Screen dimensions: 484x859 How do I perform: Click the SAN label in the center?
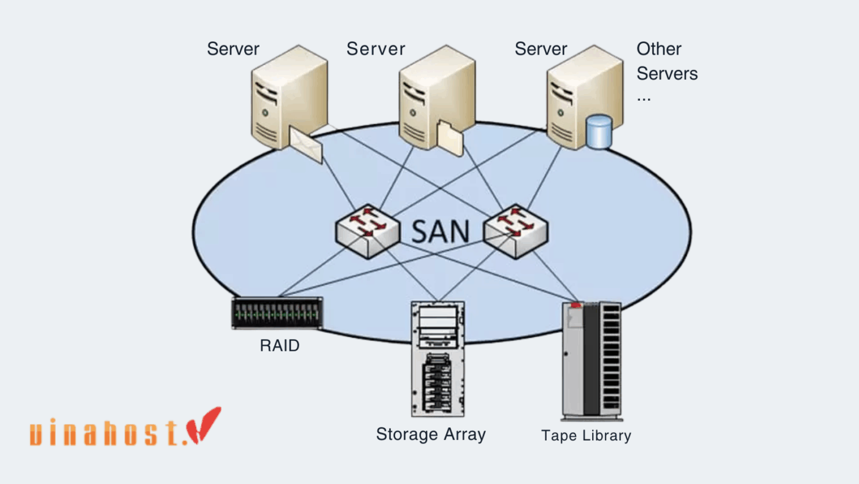[x=441, y=232]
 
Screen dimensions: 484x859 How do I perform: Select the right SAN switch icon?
[x=515, y=231]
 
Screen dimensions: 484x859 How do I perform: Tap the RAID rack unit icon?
[x=277, y=313]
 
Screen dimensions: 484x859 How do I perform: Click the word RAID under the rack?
[x=280, y=346]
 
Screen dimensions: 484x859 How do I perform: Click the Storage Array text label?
[x=431, y=435]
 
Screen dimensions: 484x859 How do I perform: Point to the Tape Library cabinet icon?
[x=591, y=361]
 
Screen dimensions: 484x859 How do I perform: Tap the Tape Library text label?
[x=586, y=436]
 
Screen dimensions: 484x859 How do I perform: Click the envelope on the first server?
[x=306, y=142]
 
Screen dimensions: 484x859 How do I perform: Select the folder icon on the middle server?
[x=450, y=139]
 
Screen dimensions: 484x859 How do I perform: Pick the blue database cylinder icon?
[x=599, y=131]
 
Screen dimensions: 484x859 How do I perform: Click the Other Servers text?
[x=667, y=61]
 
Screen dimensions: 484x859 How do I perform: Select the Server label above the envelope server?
[x=233, y=49]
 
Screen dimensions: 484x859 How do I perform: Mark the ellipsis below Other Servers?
[x=644, y=98]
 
